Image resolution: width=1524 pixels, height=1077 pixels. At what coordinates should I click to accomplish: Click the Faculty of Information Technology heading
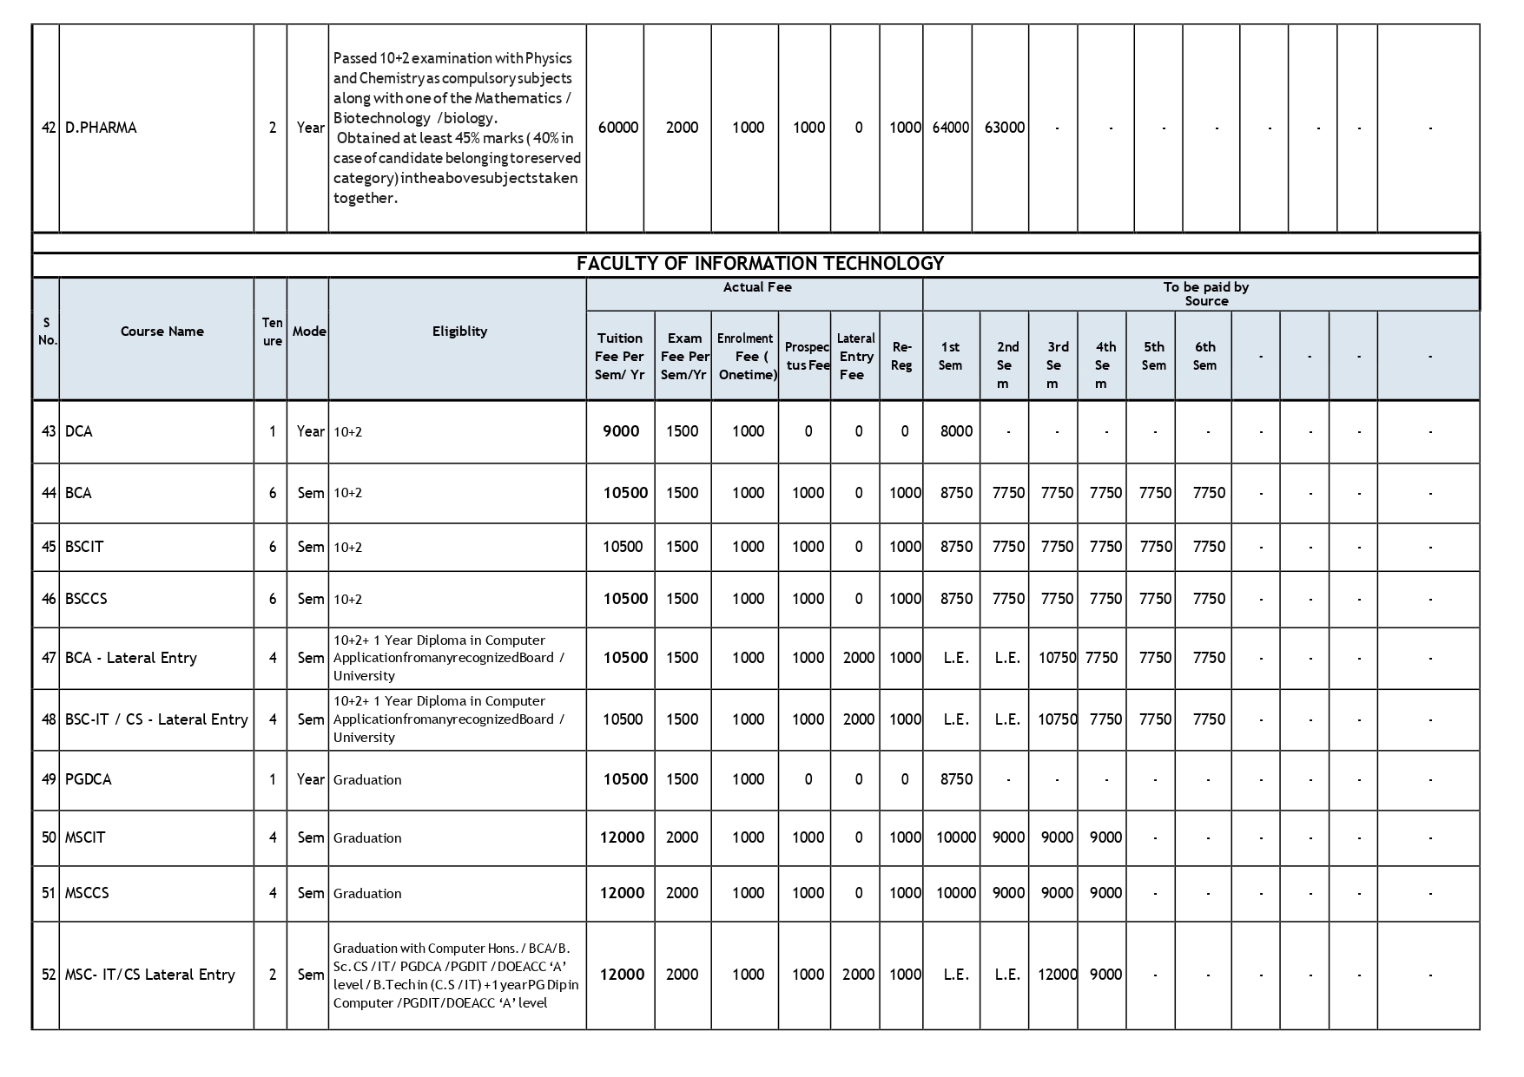[760, 264]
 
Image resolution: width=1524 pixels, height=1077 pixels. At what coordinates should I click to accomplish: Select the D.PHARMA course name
[101, 128]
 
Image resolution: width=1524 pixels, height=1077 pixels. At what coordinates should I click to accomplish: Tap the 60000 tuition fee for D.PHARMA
[618, 128]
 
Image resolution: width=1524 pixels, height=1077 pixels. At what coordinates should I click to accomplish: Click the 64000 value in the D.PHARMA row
[950, 128]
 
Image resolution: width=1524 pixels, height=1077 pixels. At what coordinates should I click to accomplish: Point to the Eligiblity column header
[459, 332]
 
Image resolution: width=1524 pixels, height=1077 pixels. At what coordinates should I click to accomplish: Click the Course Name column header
[162, 332]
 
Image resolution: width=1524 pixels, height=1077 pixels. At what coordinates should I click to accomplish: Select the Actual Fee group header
[756, 287]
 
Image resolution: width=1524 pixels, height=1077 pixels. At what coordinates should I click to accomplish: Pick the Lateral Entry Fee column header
[855, 357]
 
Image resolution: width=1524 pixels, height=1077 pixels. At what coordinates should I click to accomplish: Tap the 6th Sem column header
[1204, 356]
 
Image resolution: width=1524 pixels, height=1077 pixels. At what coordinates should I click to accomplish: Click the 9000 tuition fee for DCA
[621, 431]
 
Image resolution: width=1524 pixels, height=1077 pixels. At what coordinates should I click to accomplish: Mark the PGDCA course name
[89, 779]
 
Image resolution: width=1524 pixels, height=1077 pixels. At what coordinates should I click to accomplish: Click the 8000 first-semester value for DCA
[956, 431]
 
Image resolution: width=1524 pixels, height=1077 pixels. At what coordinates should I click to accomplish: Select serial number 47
[49, 658]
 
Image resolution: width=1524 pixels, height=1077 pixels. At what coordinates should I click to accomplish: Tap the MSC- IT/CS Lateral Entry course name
[150, 975]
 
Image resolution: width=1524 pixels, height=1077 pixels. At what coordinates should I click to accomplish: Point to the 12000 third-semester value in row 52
[1057, 975]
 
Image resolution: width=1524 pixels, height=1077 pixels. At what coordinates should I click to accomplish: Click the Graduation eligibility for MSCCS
[367, 894]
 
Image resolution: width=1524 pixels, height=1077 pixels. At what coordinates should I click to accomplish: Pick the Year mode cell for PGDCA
[310, 779]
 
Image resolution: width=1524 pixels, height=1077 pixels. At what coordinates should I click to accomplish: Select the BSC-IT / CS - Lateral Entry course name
[156, 719]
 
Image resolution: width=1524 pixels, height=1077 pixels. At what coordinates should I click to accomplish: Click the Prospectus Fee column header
[807, 357]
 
